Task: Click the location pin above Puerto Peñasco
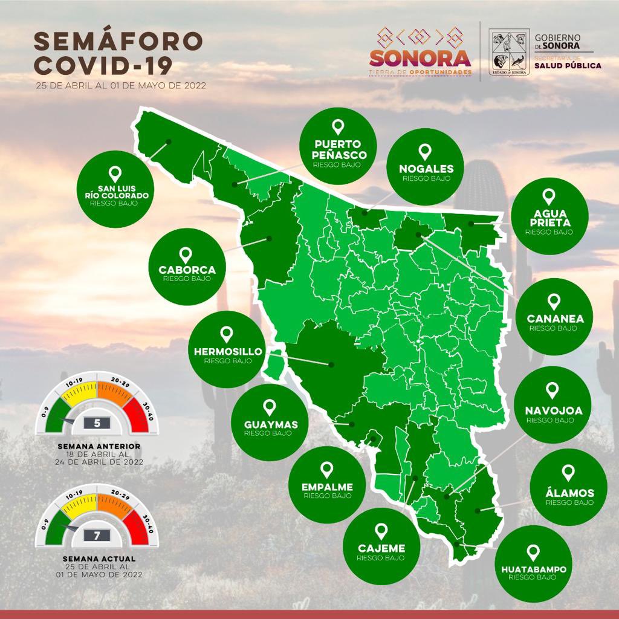tap(338, 127)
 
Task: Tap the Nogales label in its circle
tap(426, 169)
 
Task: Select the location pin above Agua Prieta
tap(549, 196)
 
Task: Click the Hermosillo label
tap(227, 352)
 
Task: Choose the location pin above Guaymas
tap(270, 407)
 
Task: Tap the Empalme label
tap(327, 487)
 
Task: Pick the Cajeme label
tap(381, 548)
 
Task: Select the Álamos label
tap(569, 493)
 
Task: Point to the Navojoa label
tap(554, 410)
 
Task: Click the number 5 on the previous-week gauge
tap(97, 423)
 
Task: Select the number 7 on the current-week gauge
tap(97, 534)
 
